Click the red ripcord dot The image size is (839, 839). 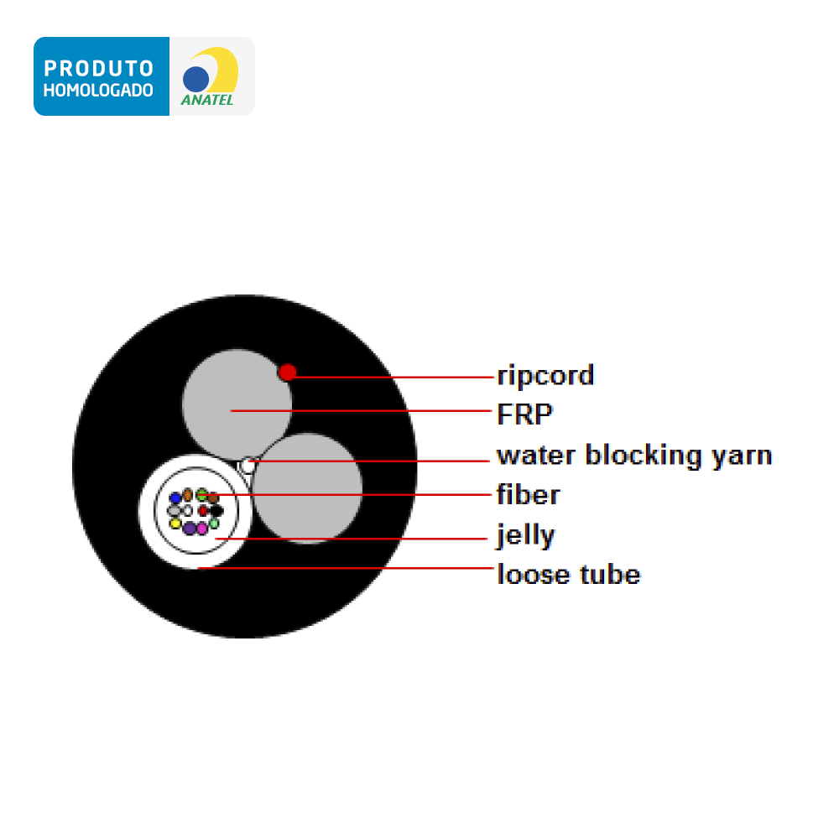pos(287,372)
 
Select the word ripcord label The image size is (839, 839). pos(545,376)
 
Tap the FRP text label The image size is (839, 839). pos(524,414)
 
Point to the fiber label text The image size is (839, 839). pos(528,494)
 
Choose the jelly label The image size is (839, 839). pos(525,535)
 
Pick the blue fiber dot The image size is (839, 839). pos(175,498)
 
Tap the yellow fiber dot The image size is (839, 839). pos(175,523)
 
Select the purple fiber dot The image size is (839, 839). pos(190,529)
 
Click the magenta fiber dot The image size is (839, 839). pos(201,529)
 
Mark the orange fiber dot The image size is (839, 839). pos(188,495)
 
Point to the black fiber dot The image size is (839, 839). pos(216,510)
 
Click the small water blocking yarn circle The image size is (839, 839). pos(248,466)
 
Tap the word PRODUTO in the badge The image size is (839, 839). pos(99,69)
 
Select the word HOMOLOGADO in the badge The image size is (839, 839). pos(98,91)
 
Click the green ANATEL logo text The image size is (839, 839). pos(207,100)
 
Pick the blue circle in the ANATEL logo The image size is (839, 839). pos(195,79)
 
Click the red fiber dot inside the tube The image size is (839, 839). pos(203,511)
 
